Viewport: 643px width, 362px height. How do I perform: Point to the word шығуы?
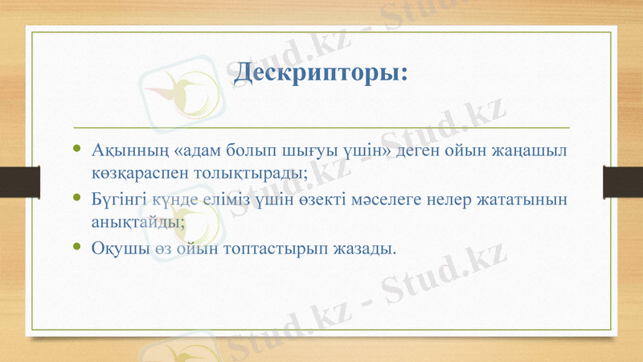tap(306, 150)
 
